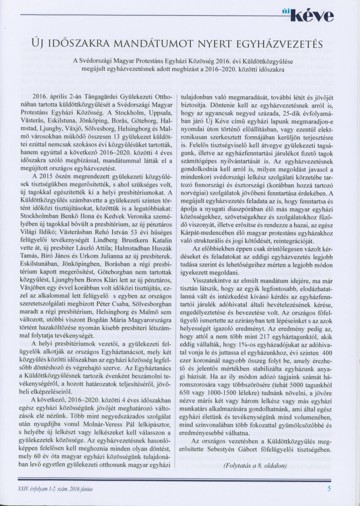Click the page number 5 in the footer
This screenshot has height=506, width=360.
click(x=329, y=489)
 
